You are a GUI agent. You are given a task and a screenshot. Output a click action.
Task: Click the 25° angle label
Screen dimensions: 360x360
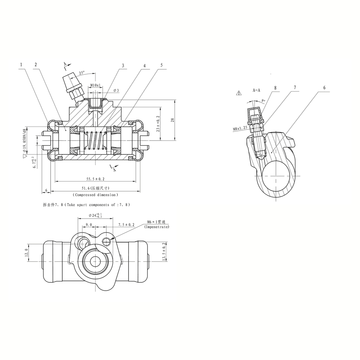click(x=81, y=73)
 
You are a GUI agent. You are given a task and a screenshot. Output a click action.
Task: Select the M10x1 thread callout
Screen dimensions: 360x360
click(x=95, y=85)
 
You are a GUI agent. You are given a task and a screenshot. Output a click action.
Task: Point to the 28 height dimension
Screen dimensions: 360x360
click(x=173, y=119)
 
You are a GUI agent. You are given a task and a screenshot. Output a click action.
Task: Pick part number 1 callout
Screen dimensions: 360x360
click(x=21, y=64)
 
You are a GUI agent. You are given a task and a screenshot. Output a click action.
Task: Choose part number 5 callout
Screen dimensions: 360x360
click(x=162, y=65)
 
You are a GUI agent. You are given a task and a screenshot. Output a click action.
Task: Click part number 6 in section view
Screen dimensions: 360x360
click(x=324, y=87)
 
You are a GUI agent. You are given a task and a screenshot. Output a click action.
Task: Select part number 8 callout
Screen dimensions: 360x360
click(x=275, y=88)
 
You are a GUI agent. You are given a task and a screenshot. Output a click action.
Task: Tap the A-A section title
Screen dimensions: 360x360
click(x=257, y=90)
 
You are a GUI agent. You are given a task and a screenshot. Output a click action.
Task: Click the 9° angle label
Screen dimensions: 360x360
click(x=263, y=100)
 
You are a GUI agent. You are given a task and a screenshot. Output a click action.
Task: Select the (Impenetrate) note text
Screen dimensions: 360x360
click(x=156, y=227)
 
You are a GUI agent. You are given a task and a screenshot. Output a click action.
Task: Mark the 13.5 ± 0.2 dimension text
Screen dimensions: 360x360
click(x=164, y=251)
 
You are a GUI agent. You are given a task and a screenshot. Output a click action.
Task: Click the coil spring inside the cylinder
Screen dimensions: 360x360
click(x=95, y=140)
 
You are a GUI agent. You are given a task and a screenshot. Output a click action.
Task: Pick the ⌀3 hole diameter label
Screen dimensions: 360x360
click(x=116, y=90)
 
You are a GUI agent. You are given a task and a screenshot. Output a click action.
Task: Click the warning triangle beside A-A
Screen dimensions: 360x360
click(x=239, y=93)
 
